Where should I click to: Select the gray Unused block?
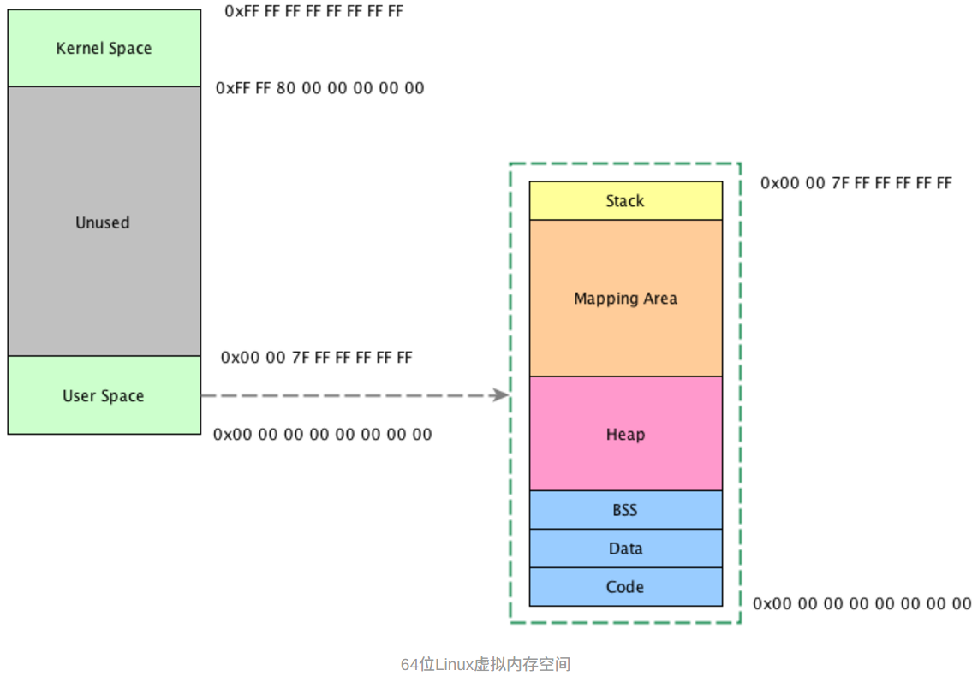(x=103, y=222)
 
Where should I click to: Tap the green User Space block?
(x=104, y=395)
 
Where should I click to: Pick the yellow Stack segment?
(x=625, y=201)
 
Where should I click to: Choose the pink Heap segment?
(x=625, y=434)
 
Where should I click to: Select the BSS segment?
(x=625, y=510)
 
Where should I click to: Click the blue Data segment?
(x=625, y=549)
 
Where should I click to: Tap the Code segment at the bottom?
(x=625, y=587)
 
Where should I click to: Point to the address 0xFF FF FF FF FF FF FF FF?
(x=313, y=12)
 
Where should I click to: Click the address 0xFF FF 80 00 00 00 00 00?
(x=319, y=88)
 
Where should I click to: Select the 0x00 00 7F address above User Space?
(x=316, y=357)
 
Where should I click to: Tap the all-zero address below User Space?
(x=322, y=435)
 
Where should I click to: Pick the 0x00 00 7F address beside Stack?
(x=856, y=183)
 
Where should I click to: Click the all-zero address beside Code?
(x=862, y=604)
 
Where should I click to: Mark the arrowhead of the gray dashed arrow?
(x=502, y=395)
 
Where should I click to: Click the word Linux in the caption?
(x=455, y=664)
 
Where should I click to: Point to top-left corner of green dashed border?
(x=510, y=164)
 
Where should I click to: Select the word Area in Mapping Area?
(x=659, y=299)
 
